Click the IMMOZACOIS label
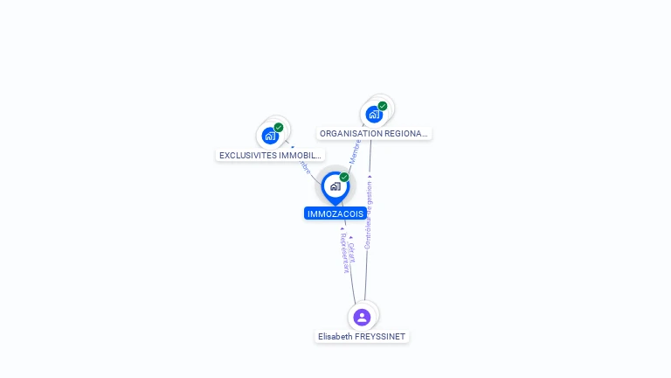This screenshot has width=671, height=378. [x=335, y=213]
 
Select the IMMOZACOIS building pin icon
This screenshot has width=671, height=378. [x=335, y=186]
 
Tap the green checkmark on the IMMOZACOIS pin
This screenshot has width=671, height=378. [x=344, y=178]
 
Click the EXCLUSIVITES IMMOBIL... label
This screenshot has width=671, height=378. [x=270, y=155]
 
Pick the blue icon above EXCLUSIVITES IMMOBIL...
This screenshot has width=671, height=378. [x=270, y=136]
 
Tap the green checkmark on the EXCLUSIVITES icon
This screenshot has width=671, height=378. [x=279, y=128]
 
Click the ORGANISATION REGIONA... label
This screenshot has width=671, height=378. [x=374, y=134]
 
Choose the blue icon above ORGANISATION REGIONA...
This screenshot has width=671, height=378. [x=374, y=114]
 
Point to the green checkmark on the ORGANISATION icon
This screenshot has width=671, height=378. [x=383, y=106]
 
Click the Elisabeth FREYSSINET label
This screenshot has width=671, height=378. [x=362, y=337]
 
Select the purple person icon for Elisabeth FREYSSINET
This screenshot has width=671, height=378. [x=362, y=317]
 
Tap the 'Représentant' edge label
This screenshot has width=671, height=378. [x=344, y=255]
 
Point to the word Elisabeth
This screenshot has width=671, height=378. [x=335, y=337]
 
